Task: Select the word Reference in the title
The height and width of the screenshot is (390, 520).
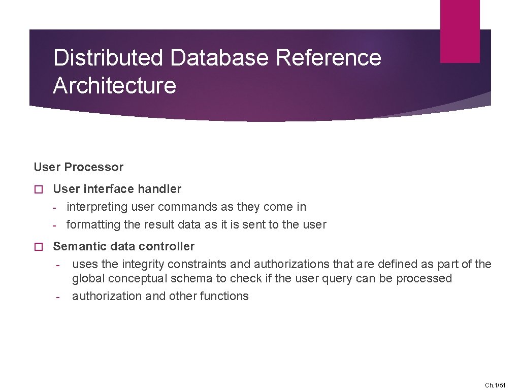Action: [329, 57]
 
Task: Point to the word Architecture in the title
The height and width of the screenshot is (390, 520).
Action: [115, 85]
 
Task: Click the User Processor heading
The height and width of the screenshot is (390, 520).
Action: [79, 167]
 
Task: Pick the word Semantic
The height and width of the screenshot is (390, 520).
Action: [77, 246]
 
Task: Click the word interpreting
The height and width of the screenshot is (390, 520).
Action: [97, 207]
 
